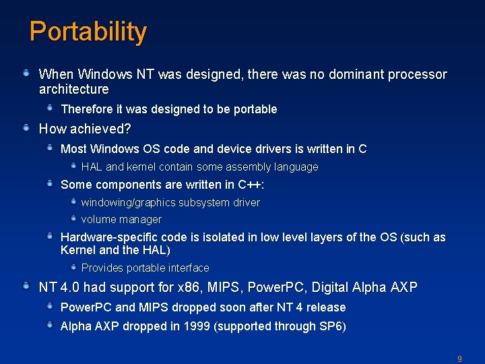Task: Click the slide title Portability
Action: point(88,32)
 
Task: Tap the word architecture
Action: point(73,89)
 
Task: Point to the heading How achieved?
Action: point(85,128)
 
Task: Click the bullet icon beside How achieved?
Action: point(26,127)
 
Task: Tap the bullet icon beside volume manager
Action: point(73,218)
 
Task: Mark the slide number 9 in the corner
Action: point(459,359)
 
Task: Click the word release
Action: point(326,307)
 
